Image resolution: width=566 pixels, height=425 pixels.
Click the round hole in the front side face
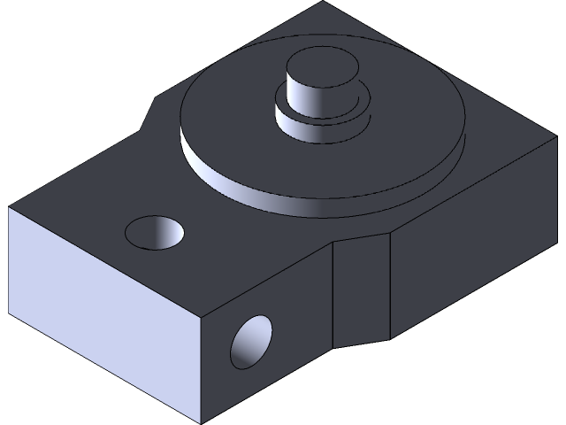pyautogui.click(x=251, y=340)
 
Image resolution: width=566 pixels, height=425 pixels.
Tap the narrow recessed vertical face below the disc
pyautogui.click(x=361, y=288)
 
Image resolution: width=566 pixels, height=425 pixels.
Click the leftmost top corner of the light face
pyautogui.click(x=9, y=209)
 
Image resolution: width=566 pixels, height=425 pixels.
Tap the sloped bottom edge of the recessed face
pyautogui.click(x=363, y=342)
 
